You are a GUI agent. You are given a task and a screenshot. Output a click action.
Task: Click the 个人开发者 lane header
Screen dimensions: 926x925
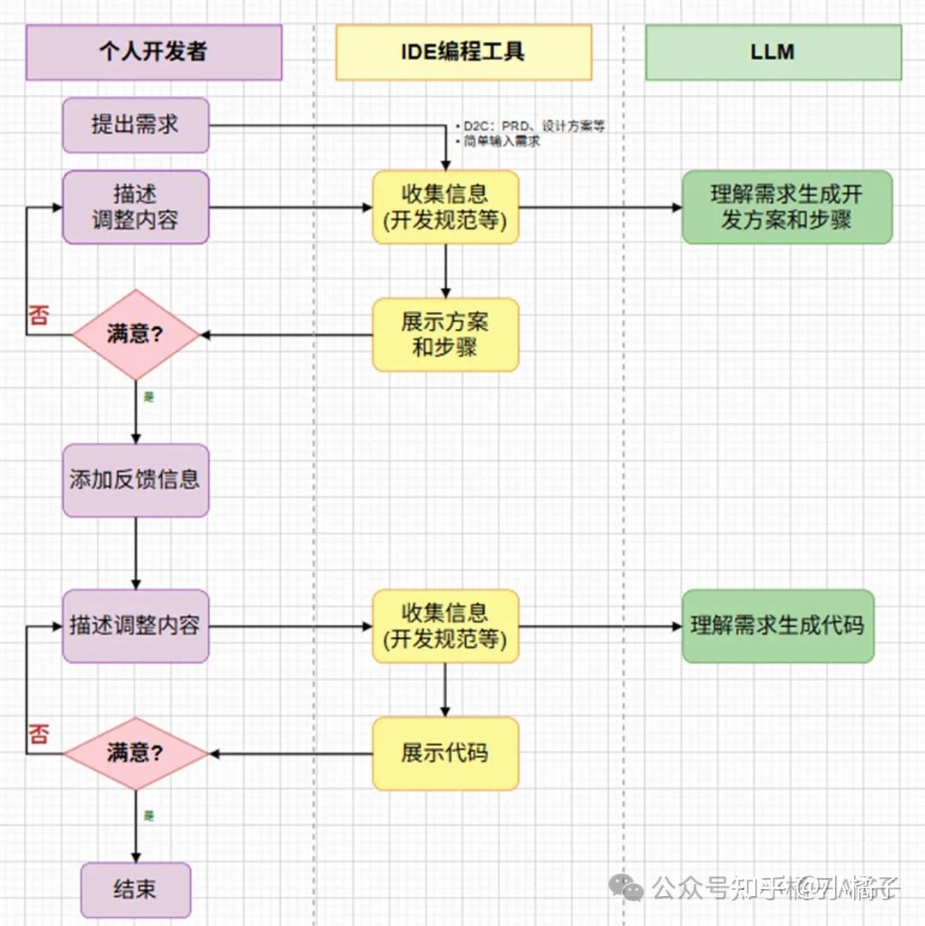(153, 52)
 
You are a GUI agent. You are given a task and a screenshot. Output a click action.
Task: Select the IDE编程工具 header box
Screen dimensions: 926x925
(463, 52)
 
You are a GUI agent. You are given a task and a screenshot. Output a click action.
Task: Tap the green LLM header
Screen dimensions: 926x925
(773, 52)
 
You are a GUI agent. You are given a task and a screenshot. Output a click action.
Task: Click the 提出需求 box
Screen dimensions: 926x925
(135, 125)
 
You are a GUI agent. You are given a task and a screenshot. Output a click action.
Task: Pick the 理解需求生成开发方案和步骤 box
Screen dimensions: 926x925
(786, 206)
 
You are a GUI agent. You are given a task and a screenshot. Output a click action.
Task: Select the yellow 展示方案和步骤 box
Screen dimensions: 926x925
(445, 334)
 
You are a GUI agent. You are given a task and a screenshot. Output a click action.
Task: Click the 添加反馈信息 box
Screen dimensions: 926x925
(135, 480)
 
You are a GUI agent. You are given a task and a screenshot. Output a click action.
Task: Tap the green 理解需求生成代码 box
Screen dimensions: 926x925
(778, 625)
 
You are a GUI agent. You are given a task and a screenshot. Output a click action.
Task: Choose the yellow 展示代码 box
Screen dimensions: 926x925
(445, 754)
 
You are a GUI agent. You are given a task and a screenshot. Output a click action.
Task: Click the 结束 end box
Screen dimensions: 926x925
(135, 890)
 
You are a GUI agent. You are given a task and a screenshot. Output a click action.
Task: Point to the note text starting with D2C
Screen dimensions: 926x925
(531, 127)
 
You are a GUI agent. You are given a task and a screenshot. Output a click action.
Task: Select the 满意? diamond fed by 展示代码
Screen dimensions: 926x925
(135, 754)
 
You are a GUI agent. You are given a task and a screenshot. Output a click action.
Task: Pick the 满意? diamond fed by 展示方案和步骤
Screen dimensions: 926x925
(135, 334)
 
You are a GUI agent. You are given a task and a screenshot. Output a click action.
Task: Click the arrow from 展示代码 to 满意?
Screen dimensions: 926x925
(291, 754)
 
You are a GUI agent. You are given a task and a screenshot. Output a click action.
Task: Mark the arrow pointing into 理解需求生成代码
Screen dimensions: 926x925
(600, 626)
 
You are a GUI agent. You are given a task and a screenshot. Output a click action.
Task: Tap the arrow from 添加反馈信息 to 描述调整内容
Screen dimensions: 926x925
(135, 553)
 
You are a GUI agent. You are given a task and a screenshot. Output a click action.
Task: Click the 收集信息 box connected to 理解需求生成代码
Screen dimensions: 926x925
(445, 625)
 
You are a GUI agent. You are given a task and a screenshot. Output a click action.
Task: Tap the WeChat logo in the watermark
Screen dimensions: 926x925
(631, 889)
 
